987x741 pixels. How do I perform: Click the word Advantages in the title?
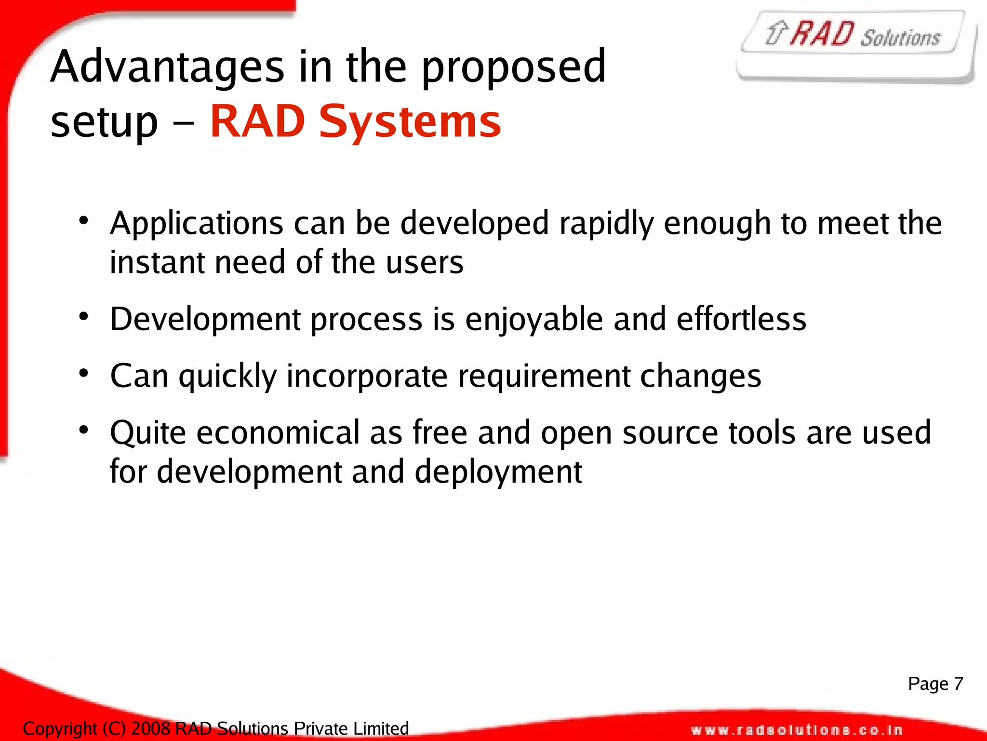point(167,67)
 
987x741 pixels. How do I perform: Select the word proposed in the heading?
point(513,67)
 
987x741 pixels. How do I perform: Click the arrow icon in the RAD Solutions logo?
point(776,33)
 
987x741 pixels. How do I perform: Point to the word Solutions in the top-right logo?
point(900,38)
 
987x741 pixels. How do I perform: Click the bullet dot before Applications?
point(84,221)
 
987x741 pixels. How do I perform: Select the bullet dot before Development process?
point(84,317)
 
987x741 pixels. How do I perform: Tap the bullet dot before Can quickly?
point(84,373)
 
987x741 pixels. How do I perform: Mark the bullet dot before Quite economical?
point(84,430)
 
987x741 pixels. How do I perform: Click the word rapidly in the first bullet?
point(606,224)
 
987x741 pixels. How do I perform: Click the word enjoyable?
point(534,320)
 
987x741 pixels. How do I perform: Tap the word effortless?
point(741,319)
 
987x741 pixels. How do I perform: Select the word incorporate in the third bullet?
point(367,377)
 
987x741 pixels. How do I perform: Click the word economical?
point(278,432)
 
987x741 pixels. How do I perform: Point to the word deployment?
point(498,472)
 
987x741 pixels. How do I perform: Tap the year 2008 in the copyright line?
point(151,728)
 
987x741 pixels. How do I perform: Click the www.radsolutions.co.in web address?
point(797,730)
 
